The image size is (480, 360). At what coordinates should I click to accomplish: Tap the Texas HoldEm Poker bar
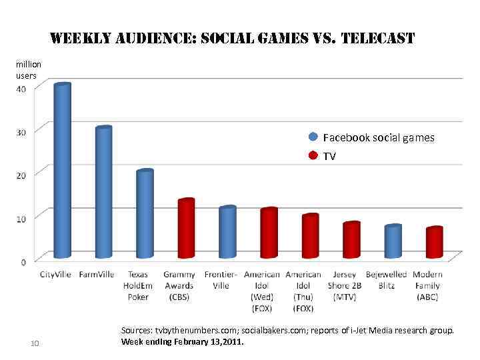[x=145, y=214]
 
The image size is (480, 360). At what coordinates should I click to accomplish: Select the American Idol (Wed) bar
[x=269, y=233]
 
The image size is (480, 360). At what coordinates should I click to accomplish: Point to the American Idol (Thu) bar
[x=310, y=236]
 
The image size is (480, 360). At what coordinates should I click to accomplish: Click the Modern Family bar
[x=435, y=243]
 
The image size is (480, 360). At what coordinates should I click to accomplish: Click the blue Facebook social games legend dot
[x=313, y=137]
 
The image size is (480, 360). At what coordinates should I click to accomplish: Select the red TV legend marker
[x=313, y=156]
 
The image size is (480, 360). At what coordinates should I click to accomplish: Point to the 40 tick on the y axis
[x=22, y=89]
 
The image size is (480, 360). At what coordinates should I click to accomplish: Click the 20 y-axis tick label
[x=22, y=175]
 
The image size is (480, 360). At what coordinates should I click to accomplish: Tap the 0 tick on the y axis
[x=24, y=262]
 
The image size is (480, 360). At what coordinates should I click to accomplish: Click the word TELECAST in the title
[x=377, y=39]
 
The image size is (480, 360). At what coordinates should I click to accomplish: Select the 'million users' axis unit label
[x=28, y=70]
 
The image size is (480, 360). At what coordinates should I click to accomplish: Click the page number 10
[x=36, y=343]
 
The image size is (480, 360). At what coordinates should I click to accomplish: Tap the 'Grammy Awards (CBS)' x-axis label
[x=179, y=285]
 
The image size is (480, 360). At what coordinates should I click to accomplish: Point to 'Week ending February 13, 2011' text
[x=183, y=342]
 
